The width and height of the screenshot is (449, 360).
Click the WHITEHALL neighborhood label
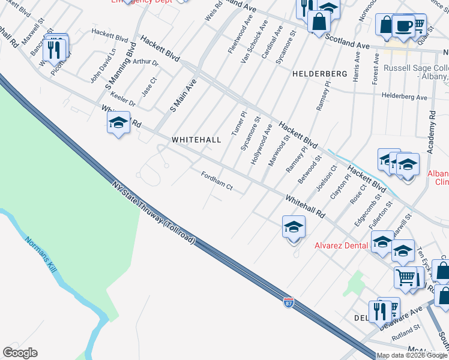click(196, 139)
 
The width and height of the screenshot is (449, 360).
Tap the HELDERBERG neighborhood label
click(320, 73)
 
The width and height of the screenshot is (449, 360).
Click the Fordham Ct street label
click(217, 181)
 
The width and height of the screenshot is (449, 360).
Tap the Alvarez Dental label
click(340, 245)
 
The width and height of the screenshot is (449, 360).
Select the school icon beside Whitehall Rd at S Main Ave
click(119, 122)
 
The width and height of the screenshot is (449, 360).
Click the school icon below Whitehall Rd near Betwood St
click(294, 227)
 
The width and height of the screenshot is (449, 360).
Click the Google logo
click(20, 353)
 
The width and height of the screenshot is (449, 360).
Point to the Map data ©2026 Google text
click(411, 355)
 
